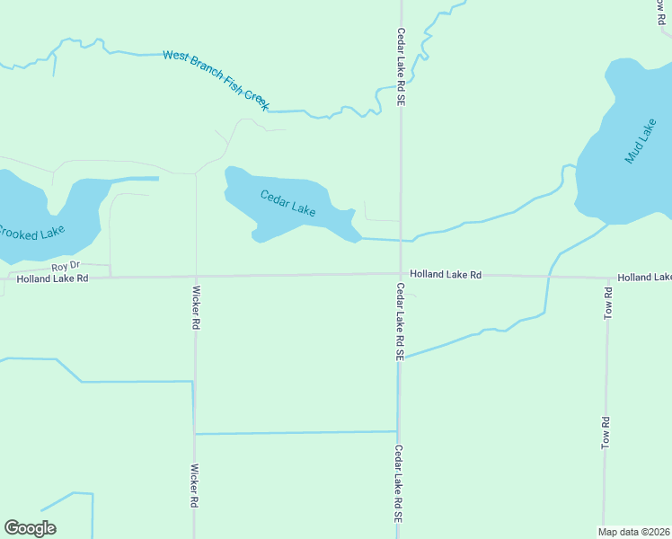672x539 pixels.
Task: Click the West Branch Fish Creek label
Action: click(x=216, y=80)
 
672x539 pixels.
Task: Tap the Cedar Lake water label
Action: click(x=287, y=203)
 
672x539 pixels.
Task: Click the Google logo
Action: click(x=30, y=527)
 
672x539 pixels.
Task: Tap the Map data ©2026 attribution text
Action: click(x=634, y=531)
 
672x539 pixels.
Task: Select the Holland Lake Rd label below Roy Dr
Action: click(x=53, y=278)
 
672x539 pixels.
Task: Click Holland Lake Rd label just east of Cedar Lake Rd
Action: click(x=446, y=273)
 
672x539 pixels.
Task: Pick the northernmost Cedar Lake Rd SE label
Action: click(x=402, y=67)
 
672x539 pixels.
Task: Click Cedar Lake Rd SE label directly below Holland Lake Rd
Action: click(x=398, y=322)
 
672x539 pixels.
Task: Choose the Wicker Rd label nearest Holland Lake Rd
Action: click(x=195, y=308)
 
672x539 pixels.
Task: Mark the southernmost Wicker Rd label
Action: click(x=194, y=486)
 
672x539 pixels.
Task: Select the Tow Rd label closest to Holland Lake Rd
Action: click(x=608, y=305)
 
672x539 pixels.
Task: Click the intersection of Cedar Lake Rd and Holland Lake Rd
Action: click(x=400, y=275)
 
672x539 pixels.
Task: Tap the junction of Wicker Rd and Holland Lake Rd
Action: click(x=196, y=277)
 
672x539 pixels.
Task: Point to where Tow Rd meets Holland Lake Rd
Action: click(x=608, y=278)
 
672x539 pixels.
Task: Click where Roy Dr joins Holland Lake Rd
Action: click(x=110, y=277)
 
